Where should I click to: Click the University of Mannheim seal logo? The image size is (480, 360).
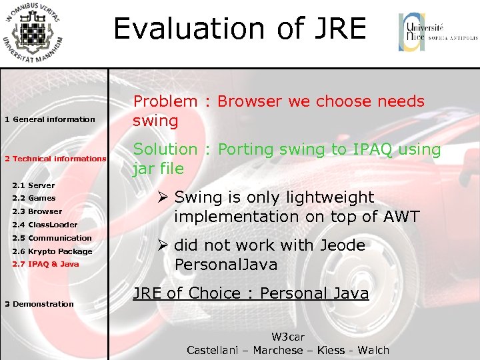point(33,33)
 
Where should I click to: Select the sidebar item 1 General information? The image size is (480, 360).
point(50,119)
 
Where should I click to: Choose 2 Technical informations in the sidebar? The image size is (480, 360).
point(55,159)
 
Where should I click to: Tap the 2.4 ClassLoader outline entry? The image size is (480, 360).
point(45,225)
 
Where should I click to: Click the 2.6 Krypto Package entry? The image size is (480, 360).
point(52,251)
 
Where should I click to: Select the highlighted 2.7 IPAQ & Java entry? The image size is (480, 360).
point(45,264)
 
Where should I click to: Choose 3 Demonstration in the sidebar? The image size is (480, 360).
point(39,304)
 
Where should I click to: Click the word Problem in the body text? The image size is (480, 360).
point(165,102)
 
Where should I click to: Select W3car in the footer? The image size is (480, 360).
point(287,338)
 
